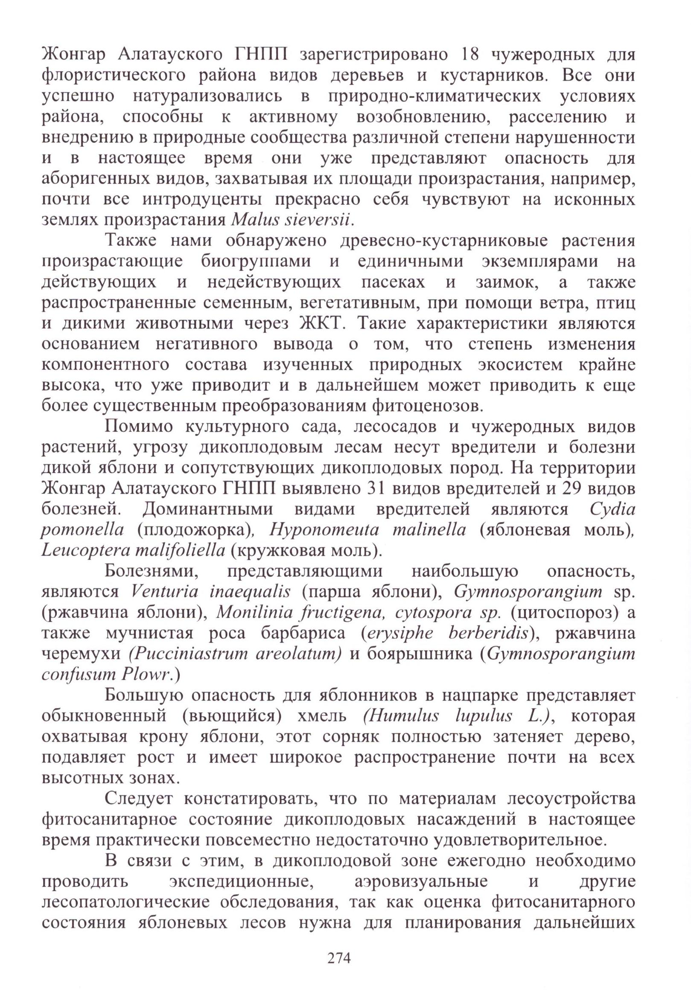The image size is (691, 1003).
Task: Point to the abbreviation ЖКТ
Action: coord(320,324)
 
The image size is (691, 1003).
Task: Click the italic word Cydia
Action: coord(612,509)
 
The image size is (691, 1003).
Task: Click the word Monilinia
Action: coord(248,612)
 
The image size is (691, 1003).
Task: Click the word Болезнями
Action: coord(151,571)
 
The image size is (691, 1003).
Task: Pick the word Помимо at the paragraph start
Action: coord(138,427)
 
